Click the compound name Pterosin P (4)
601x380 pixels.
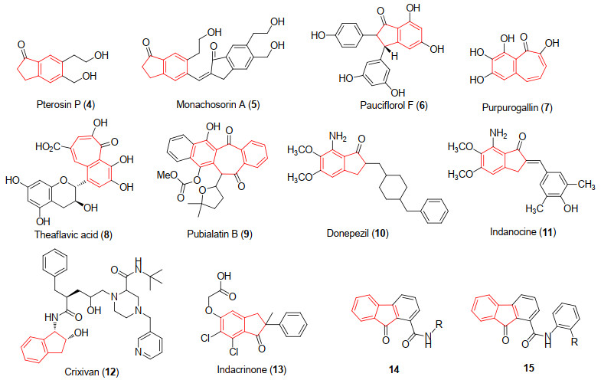[66, 104]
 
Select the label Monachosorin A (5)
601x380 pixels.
[217, 104]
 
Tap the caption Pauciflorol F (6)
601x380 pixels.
[394, 105]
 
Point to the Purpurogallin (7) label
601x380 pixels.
[517, 108]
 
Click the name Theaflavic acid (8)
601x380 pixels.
[73, 234]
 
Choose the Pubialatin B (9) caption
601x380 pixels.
[220, 234]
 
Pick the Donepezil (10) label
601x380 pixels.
[358, 233]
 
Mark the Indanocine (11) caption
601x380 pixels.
[523, 231]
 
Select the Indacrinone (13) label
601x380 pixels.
[251, 369]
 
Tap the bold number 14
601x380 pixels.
[394, 369]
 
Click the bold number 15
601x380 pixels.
[528, 368]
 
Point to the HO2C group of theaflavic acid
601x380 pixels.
[48, 146]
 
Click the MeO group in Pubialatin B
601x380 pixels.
[167, 175]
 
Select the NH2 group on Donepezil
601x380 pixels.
[338, 136]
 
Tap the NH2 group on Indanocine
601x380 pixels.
[498, 134]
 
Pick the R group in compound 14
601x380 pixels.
[439, 324]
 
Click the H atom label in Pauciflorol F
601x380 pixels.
[394, 56]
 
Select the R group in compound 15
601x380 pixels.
[574, 341]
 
